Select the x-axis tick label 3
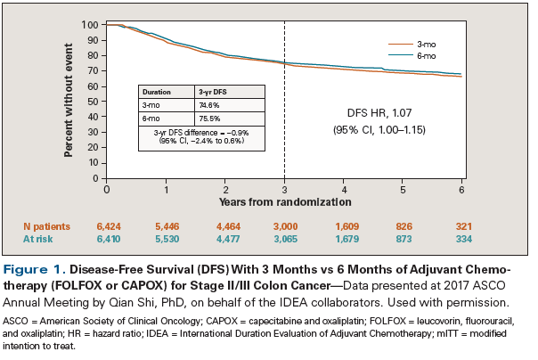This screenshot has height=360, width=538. coord(284,190)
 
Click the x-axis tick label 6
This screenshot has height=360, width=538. coord(461,190)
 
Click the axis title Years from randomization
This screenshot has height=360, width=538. coord(284,203)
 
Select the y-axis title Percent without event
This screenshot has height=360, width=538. coord(69,102)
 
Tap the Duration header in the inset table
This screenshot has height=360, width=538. coord(158,91)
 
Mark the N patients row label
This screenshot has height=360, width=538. coord(46,227)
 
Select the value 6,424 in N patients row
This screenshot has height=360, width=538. coord(108,227)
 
